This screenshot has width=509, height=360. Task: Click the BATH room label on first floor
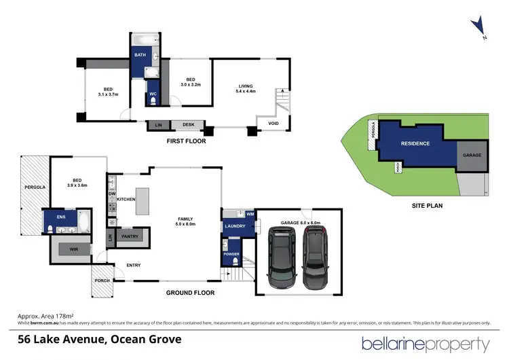click(140, 55)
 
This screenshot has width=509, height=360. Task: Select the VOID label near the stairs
click(274, 123)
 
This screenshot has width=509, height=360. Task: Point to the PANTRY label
click(130, 236)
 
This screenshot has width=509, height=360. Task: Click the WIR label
click(73, 250)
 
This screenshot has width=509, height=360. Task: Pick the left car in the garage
click(281, 257)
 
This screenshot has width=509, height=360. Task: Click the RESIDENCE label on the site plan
click(415, 143)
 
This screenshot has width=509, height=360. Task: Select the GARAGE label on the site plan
click(472, 155)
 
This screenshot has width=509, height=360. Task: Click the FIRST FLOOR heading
click(186, 141)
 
